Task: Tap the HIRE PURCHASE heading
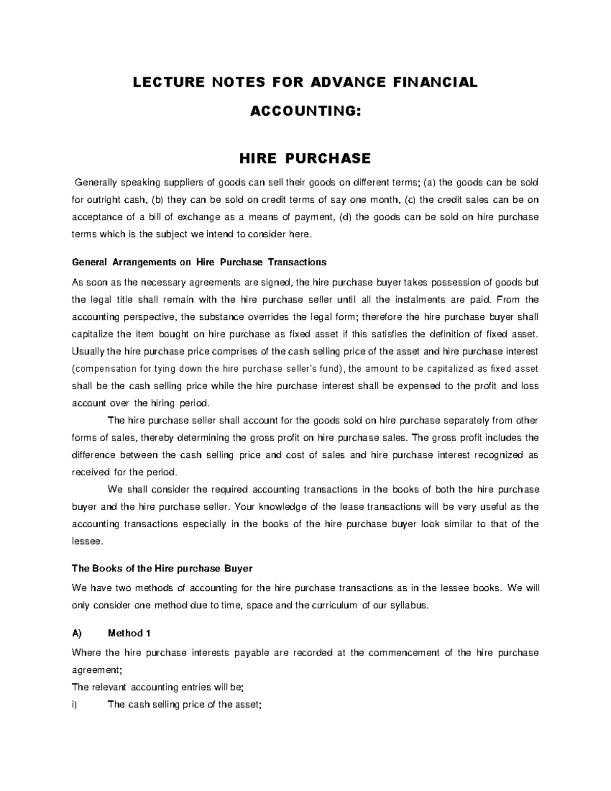[305, 158]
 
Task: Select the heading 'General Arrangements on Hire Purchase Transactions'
[199, 262]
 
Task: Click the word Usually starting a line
[88, 351]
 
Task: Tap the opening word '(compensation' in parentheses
[104, 369]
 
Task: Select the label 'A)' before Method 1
[77, 633]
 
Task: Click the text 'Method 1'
[129, 633]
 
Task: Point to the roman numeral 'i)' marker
[75, 705]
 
